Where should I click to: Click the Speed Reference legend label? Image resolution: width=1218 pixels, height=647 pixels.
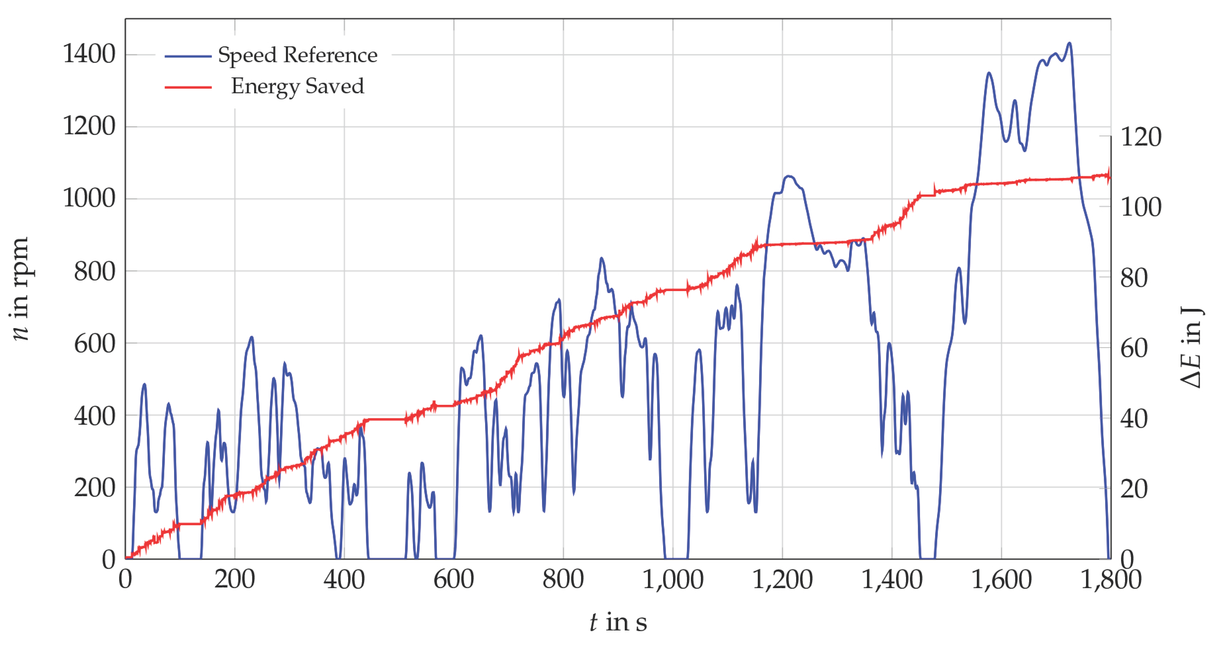coord(297,55)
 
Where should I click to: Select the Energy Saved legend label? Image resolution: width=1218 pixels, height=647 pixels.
coord(297,86)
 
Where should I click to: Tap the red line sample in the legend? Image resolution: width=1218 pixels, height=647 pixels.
coord(188,87)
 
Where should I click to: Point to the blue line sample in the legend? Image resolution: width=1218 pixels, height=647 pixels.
coord(188,56)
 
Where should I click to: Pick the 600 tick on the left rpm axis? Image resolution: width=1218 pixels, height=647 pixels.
coord(95,344)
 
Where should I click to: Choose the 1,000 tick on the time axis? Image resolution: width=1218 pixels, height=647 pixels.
coord(672,580)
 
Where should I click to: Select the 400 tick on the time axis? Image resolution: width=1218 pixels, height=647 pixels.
coord(344,580)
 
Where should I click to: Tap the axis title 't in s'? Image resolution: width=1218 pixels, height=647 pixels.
coord(618,622)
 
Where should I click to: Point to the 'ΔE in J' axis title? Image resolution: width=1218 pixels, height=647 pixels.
coord(1191,347)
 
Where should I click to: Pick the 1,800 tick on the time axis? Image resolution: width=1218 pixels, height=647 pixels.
coord(1111,580)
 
